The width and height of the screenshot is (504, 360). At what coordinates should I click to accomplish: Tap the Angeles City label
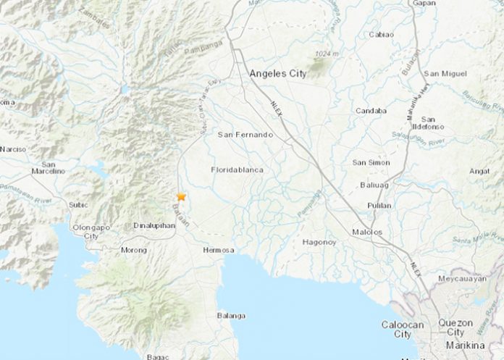click(277, 73)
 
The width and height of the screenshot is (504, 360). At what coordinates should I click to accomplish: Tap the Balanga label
click(231, 316)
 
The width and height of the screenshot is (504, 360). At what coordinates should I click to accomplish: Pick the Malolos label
click(378, 232)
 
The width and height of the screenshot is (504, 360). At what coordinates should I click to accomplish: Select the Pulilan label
click(380, 206)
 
